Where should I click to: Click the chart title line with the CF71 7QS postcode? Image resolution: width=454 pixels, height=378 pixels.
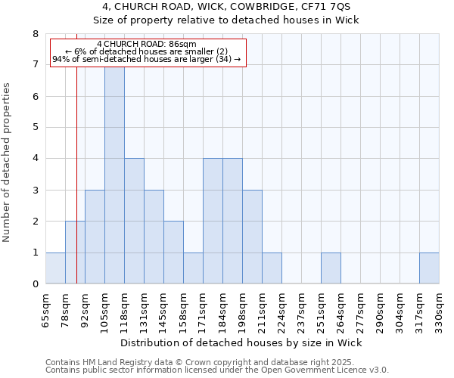click(226, 8)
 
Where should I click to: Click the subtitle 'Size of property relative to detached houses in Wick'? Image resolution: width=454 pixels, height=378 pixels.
click(226, 20)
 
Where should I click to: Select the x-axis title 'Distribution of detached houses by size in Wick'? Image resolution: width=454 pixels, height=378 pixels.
click(241, 343)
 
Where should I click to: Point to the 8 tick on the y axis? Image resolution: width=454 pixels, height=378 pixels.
click(35, 34)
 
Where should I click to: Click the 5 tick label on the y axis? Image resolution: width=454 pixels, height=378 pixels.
click(35, 128)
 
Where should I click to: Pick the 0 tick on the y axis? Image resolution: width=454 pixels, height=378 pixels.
click(35, 284)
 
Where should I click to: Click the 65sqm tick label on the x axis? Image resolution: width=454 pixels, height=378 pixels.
click(46, 309)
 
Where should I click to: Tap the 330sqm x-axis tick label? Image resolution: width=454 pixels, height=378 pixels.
click(440, 309)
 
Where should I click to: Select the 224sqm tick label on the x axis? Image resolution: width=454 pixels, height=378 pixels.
click(282, 309)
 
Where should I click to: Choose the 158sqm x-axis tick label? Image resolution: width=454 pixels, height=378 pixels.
click(184, 309)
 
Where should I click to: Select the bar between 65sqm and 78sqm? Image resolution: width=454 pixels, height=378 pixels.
click(55, 268)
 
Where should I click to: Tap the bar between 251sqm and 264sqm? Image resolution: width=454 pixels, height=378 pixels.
click(331, 268)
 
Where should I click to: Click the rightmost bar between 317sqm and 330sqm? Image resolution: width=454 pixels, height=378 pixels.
click(429, 268)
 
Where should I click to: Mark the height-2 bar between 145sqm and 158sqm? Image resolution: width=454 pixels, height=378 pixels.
click(173, 253)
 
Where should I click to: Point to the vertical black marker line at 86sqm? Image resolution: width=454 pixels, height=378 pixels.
click(77, 189)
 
